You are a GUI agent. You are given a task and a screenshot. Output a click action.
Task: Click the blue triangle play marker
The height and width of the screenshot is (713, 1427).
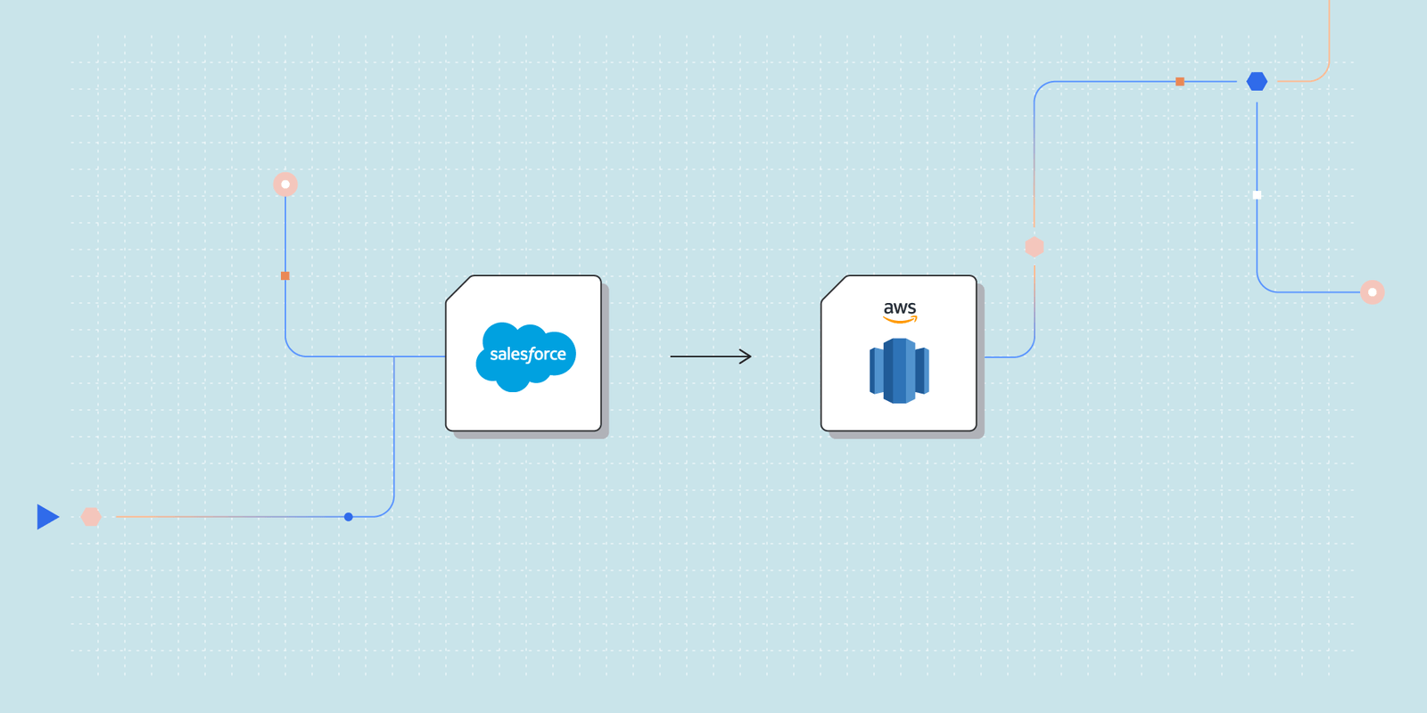[47, 517]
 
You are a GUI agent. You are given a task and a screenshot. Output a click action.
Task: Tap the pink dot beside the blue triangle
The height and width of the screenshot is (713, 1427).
[91, 517]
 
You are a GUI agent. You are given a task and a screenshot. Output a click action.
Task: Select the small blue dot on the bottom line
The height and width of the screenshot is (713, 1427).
[349, 517]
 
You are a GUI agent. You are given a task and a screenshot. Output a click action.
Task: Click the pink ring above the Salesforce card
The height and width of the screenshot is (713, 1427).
[285, 184]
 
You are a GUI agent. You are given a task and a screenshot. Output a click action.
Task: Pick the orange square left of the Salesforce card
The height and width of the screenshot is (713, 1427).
[285, 276]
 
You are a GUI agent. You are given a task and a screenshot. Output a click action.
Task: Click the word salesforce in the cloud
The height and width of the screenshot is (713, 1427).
[527, 355]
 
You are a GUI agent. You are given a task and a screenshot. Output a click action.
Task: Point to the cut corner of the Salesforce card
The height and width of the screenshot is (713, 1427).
[458, 287]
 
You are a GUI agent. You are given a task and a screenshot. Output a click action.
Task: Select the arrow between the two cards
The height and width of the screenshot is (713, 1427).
[710, 356]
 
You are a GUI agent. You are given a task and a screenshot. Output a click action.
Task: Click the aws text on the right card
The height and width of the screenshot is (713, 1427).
[900, 307]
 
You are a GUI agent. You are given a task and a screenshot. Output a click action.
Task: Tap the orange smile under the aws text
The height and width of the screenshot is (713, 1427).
[900, 320]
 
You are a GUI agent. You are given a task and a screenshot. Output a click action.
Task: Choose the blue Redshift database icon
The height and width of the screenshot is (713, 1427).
[899, 371]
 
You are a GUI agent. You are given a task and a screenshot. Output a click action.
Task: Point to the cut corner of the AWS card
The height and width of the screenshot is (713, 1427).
[833, 287]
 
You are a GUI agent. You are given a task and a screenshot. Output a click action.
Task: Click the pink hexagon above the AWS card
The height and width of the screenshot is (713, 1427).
[1035, 247]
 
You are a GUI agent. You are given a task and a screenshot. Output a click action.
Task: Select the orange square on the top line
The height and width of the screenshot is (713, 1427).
[1180, 82]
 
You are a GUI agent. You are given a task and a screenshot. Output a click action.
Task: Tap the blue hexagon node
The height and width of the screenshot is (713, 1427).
[1257, 82]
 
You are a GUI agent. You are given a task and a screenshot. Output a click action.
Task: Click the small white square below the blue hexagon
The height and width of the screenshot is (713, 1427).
[1257, 195]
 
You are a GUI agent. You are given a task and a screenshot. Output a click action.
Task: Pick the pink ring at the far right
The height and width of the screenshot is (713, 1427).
[1373, 292]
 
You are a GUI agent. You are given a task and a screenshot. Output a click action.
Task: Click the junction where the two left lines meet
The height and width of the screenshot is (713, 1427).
[394, 356]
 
